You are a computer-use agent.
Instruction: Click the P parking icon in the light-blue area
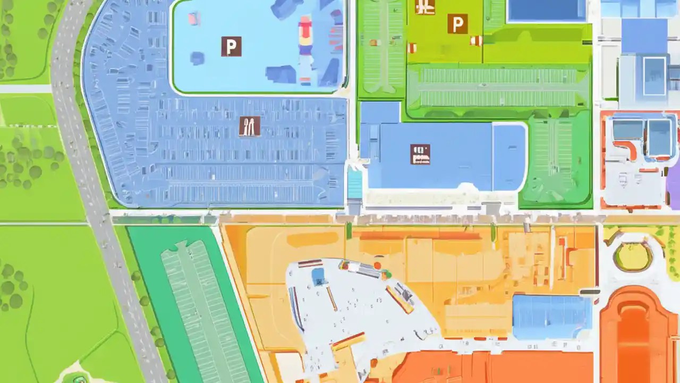[231, 46]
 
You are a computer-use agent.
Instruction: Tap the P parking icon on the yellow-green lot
[457, 24]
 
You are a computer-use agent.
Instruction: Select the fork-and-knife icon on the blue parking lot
[249, 126]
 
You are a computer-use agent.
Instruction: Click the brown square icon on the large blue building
[420, 154]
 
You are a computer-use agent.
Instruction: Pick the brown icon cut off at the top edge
[425, 6]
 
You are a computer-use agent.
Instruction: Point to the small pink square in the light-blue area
[194, 19]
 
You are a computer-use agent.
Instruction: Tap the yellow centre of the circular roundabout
[633, 257]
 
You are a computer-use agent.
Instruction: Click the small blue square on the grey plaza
[318, 276]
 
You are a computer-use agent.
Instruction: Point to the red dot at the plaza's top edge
[377, 264]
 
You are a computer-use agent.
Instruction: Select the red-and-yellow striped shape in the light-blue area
[305, 35]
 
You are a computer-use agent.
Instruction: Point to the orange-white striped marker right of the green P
[476, 40]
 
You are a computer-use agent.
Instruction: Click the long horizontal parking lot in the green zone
[498, 87]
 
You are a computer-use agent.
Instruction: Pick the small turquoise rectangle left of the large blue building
[354, 184]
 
